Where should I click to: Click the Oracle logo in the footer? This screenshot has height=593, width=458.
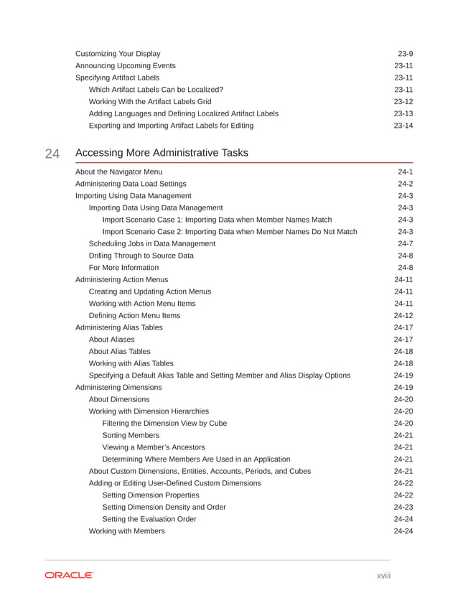point(69,575)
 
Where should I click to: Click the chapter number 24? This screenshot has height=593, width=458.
point(52,153)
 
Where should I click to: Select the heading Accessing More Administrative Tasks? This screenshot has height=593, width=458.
point(162,152)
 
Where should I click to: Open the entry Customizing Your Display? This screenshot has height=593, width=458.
point(118,54)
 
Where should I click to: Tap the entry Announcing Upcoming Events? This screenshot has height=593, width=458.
point(125,65)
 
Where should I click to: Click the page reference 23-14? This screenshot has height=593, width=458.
point(403,126)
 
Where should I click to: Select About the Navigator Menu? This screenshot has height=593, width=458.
point(118,172)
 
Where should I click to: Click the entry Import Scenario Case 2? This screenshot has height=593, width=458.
point(229,231)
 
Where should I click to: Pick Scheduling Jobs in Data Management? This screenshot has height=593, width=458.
point(151,243)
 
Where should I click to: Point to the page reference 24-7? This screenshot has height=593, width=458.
point(405,243)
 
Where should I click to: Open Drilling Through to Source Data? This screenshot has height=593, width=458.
point(141,256)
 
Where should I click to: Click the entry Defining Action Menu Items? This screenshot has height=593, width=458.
point(134,315)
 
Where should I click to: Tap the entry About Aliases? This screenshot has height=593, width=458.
point(111,339)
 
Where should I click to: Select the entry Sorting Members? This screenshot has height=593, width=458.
point(131,435)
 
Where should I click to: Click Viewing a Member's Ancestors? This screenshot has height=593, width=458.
point(154,447)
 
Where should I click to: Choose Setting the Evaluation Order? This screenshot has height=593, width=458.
point(149,519)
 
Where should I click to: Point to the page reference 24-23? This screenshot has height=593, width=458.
point(403,507)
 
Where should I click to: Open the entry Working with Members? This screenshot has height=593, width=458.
point(126,531)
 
